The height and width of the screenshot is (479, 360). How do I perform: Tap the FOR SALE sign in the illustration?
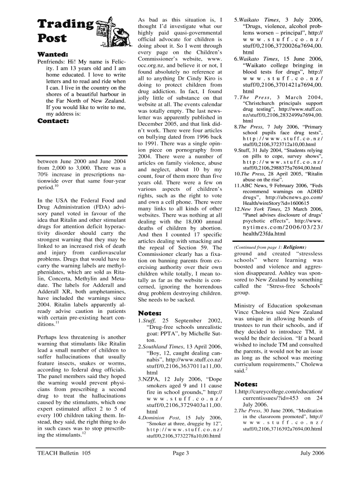coord(101,29)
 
